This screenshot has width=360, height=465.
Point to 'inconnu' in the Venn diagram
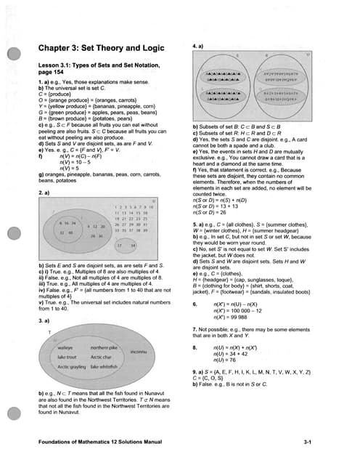pyautogui.click(x=139, y=352)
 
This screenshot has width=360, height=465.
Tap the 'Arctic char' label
pyautogui.click(x=101, y=357)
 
